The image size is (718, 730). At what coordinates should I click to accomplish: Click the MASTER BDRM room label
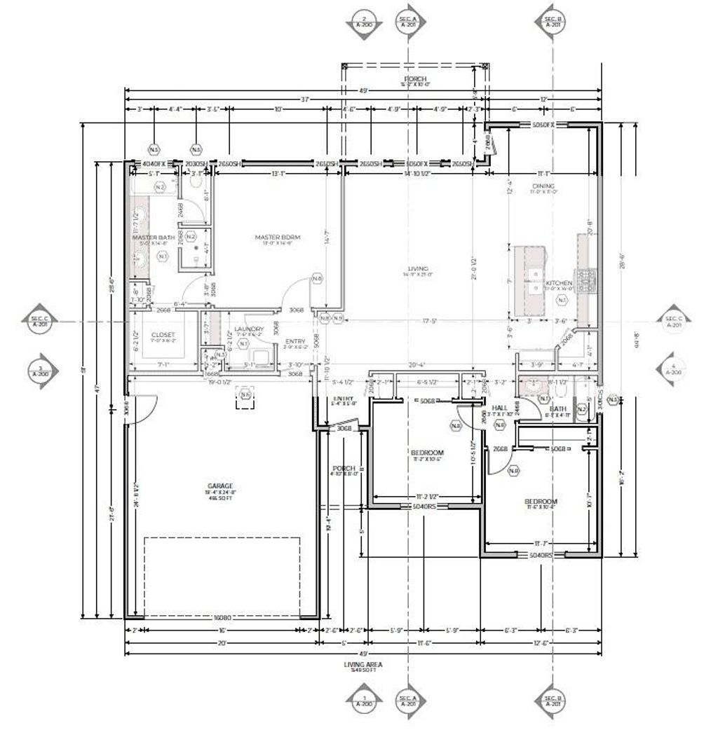click(277, 237)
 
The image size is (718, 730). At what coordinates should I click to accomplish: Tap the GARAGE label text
click(219, 485)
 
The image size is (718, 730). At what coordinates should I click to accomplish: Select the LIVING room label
click(419, 268)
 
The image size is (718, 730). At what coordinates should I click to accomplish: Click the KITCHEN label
click(559, 283)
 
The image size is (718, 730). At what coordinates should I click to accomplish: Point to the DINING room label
click(543, 186)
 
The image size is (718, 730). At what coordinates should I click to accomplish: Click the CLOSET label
click(163, 335)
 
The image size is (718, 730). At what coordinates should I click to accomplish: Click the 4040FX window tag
click(152, 163)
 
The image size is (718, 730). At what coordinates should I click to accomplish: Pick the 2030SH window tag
click(195, 163)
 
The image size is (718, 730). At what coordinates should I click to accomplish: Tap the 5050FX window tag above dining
click(543, 124)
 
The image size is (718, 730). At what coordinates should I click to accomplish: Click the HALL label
click(499, 408)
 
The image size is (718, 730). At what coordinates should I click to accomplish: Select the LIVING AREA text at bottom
click(363, 664)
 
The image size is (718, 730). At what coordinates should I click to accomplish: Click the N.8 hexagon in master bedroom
click(317, 279)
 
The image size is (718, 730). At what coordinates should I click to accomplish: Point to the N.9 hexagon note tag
click(338, 319)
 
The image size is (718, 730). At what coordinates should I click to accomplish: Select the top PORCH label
click(415, 78)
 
